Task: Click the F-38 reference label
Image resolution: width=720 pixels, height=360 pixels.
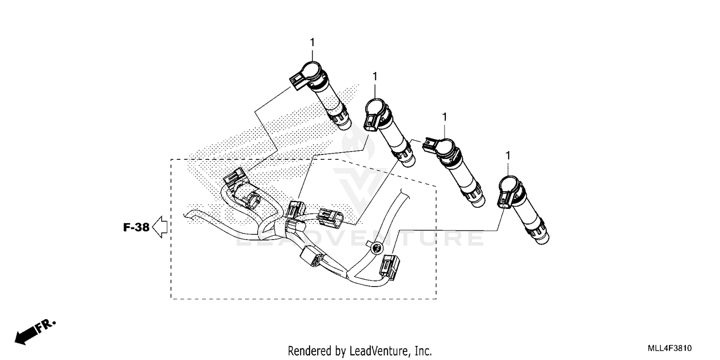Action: coord(136,228)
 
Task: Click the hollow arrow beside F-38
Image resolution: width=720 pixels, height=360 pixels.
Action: coord(159,227)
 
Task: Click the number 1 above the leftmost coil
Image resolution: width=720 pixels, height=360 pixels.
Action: coord(312,43)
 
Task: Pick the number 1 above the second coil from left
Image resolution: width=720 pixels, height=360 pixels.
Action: coord(374,76)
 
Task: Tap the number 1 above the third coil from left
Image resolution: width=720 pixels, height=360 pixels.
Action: coord(444,117)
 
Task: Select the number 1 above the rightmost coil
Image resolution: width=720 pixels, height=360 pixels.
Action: coord(508,156)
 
